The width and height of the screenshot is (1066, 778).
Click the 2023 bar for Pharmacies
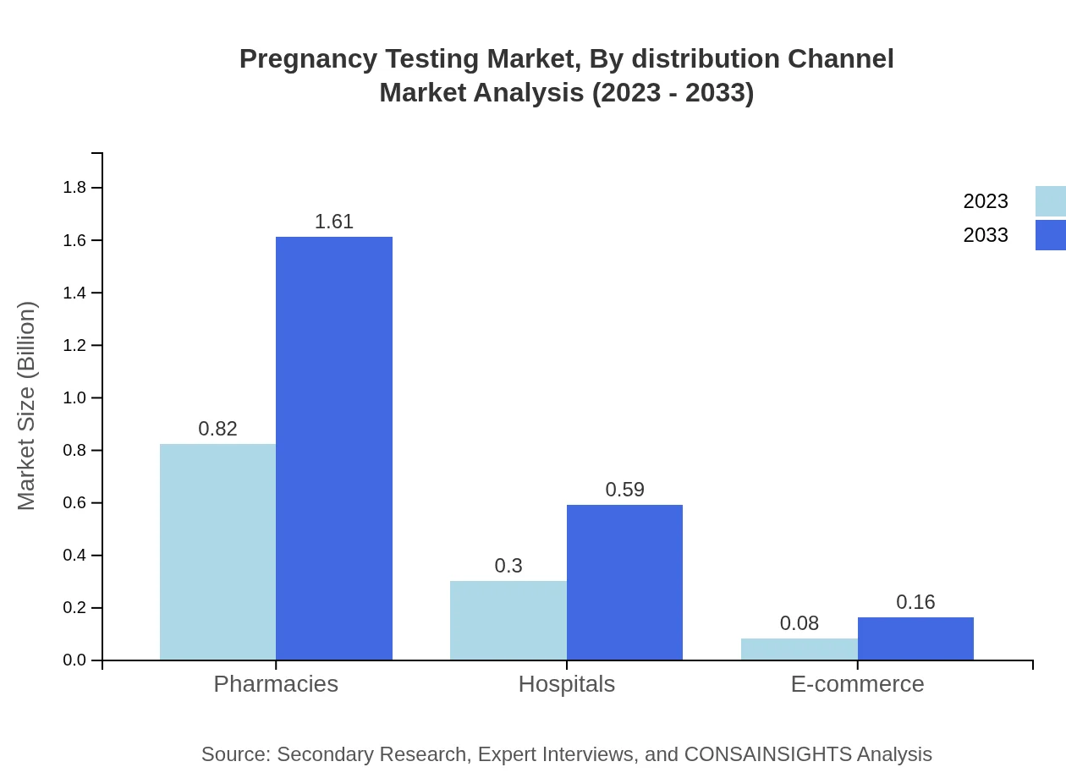(217, 551)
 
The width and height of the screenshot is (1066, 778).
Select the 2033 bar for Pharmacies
(334, 448)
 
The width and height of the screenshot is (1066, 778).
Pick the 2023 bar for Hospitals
(508, 620)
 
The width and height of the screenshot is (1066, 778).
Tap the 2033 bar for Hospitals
(624, 582)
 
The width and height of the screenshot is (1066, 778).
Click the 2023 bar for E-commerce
(799, 649)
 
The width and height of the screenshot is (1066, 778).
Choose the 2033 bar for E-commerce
(915, 638)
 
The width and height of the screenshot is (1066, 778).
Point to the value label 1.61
(334, 222)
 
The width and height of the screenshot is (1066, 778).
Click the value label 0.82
(217, 429)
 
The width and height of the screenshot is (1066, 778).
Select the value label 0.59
(624, 490)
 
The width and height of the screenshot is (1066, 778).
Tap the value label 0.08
(799, 623)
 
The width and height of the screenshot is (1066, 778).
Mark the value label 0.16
(915, 602)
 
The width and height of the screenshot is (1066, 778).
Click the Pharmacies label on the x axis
(276, 683)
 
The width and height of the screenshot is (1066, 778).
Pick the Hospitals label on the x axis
(567, 683)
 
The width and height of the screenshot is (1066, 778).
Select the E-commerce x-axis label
(857, 683)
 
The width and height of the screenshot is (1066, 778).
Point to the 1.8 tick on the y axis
(74, 188)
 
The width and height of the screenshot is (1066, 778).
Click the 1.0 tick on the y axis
(74, 398)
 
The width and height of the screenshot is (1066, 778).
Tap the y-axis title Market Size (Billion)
(26, 406)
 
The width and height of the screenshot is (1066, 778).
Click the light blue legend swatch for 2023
(1050, 201)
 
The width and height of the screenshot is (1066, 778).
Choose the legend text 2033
(986, 235)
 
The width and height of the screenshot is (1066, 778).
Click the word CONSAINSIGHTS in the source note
(767, 754)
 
